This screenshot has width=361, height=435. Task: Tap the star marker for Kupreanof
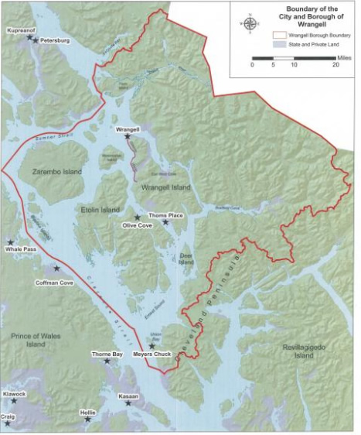pyautogui.click(x=30, y=38)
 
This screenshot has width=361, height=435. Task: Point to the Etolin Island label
pyautogui.click(x=100, y=210)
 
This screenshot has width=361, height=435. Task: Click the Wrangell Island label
pyautogui.click(x=165, y=187)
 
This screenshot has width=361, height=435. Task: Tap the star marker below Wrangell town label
pyautogui.click(x=128, y=137)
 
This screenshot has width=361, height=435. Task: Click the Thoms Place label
pyautogui.click(x=165, y=215)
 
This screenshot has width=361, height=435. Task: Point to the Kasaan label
pyautogui.click(x=128, y=396)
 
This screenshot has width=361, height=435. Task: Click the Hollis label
pyautogui.click(x=88, y=413)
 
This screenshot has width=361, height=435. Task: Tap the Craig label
pyautogui.click(x=8, y=416)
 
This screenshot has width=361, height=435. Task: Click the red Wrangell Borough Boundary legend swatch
pyautogui.click(x=259, y=36)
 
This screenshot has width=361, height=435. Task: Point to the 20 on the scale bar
pyautogui.click(x=335, y=65)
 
